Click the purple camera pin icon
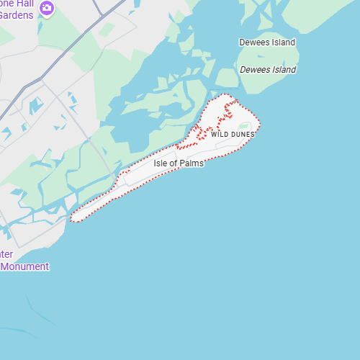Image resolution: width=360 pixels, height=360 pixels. pyautogui.click(x=48, y=8)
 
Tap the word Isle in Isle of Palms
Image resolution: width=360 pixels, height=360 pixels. pyautogui.click(x=161, y=163)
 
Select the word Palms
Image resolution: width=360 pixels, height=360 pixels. pyautogui.click(x=192, y=163)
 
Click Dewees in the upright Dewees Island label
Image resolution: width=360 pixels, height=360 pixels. pyautogui.click(x=254, y=42)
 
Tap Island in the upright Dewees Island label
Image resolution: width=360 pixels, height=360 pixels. pyautogui.click(x=283, y=42)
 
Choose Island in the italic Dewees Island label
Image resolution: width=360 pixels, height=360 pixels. pyautogui.click(x=283, y=70)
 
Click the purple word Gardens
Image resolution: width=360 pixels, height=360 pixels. pyautogui.click(x=16, y=15)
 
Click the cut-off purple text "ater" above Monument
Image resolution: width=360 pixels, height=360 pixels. pyautogui.click(x=6, y=254)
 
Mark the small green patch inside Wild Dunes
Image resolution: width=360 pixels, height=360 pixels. pyautogui.click(x=244, y=127)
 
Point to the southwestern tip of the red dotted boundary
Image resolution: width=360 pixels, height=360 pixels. pyautogui.click(x=73, y=219)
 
